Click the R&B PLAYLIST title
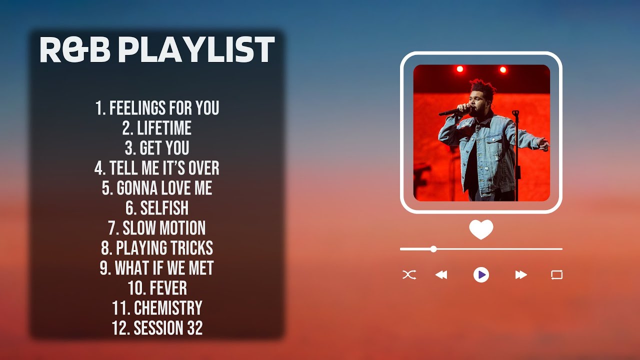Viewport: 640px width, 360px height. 157,50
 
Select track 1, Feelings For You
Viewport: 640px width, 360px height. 157,108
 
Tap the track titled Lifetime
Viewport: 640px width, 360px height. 157,128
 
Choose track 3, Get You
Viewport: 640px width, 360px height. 157,148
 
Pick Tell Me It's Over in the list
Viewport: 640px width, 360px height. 157,168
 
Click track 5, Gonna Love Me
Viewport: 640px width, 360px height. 157,188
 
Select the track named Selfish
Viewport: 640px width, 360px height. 157,208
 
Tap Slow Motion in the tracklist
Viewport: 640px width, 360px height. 157,228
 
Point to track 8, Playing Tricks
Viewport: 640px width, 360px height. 157,248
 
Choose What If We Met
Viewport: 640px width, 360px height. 157,268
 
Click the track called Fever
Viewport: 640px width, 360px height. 157,288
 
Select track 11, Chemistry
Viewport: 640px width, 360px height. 157,308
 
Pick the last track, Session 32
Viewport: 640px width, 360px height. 157,328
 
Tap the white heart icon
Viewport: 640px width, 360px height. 481,229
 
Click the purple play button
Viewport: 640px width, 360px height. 481,274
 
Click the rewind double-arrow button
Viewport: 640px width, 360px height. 441,274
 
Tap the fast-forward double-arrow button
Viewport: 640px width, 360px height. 521,274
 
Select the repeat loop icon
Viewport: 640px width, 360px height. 556,274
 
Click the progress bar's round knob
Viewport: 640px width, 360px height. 433,249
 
